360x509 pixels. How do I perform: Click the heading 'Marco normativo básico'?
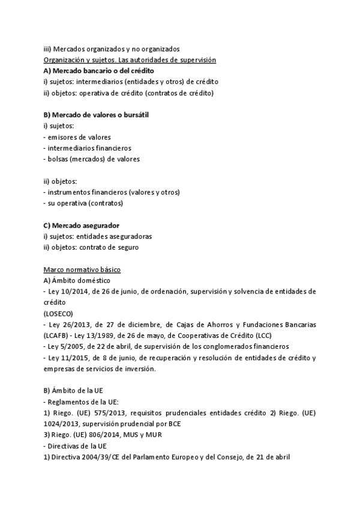coord(82,270)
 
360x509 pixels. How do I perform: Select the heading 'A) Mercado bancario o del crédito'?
coord(99,71)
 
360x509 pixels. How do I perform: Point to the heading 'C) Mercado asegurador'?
coord(77,225)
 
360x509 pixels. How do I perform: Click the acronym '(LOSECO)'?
coord(59,313)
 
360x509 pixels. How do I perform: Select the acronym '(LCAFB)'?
coord(57,336)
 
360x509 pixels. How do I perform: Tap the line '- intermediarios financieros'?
coord(88,148)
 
